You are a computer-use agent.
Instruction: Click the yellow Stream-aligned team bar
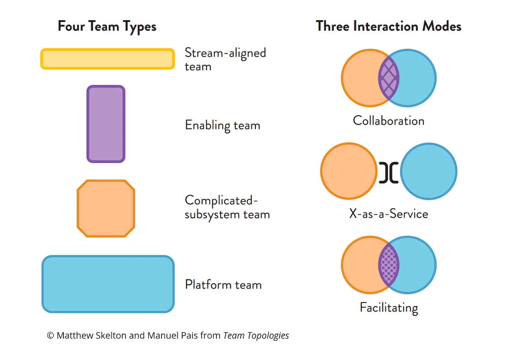(x=108, y=59)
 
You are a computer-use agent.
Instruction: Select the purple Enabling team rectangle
(x=106, y=124)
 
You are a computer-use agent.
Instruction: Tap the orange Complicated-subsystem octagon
(x=106, y=208)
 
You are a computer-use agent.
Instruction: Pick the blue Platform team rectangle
(x=108, y=284)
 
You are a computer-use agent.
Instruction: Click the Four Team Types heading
(x=107, y=27)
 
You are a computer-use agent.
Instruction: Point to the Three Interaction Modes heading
(x=388, y=26)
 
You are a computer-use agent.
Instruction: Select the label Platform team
(x=223, y=284)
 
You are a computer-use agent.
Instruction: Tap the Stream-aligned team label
(x=225, y=59)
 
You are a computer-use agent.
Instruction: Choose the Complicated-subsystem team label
(x=227, y=207)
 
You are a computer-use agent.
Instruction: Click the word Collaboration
(x=388, y=121)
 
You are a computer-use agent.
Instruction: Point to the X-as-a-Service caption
(x=388, y=214)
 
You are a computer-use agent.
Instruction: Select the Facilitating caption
(x=389, y=308)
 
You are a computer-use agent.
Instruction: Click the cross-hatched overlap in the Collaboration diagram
(x=389, y=78)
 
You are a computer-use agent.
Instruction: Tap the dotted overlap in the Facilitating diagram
(x=389, y=265)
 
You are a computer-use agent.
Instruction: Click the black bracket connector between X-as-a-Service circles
(x=389, y=172)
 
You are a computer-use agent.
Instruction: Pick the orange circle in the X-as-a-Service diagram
(x=349, y=171)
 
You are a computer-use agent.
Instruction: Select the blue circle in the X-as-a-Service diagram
(x=429, y=171)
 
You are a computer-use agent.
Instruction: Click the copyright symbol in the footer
(x=50, y=336)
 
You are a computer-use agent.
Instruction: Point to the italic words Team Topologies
(x=256, y=336)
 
